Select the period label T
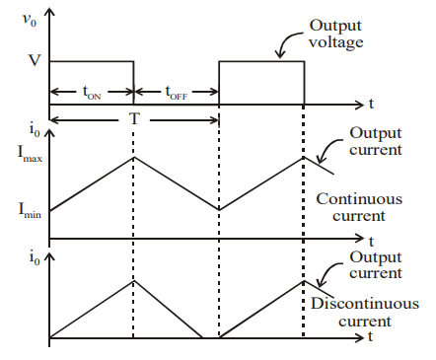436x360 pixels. point(134,116)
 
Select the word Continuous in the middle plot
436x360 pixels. point(359,198)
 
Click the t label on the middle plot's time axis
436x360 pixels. point(371,240)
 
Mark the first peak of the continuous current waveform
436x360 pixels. point(133,156)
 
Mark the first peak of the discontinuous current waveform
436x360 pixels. point(133,280)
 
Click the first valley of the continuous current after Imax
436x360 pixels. point(219,209)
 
